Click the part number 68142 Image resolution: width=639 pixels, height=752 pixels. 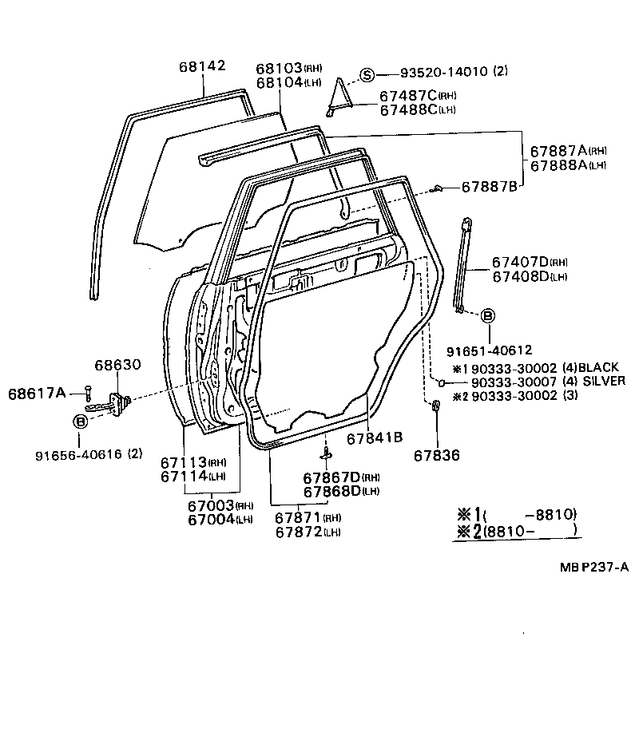(200, 65)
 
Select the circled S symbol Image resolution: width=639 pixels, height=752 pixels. (367, 75)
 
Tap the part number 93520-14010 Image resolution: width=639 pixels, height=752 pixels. (435, 73)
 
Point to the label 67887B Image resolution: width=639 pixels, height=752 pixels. (489, 187)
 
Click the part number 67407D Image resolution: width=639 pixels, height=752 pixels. (518, 262)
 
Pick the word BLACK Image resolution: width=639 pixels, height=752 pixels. (599, 367)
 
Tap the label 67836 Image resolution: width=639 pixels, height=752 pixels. (437, 456)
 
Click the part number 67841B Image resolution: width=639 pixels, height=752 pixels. (374, 437)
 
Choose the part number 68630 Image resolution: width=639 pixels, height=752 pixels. (117, 364)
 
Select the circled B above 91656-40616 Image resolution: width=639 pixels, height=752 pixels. (81, 421)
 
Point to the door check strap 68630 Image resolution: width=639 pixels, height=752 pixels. (120, 403)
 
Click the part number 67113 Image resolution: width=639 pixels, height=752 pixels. (183, 462)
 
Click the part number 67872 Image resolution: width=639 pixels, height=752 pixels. (298, 532)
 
